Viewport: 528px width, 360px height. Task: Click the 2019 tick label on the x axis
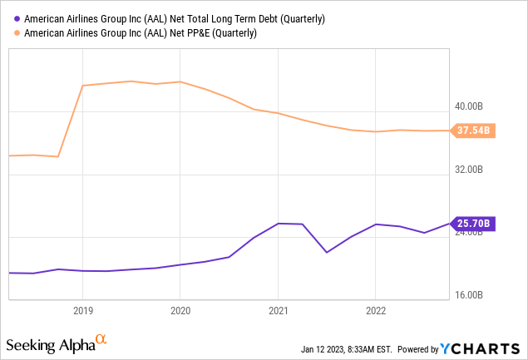pyautogui.click(x=81, y=310)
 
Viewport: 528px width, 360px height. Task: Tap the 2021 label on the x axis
pyautogui.click(x=278, y=310)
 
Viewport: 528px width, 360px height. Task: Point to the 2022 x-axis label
pyautogui.click(x=376, y=310)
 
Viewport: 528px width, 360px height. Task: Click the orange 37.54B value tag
pyautogui.click(x=473, y=131)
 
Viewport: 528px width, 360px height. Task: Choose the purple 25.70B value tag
pyautogui.click(x=473, y=223)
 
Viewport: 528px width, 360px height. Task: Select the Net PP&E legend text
pyautogui.click(x=141, y=33)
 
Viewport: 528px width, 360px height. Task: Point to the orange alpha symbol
pyautogui.click(x=101, y=339)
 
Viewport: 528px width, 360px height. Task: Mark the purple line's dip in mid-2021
pyautogui.click(x=327, y=252)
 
